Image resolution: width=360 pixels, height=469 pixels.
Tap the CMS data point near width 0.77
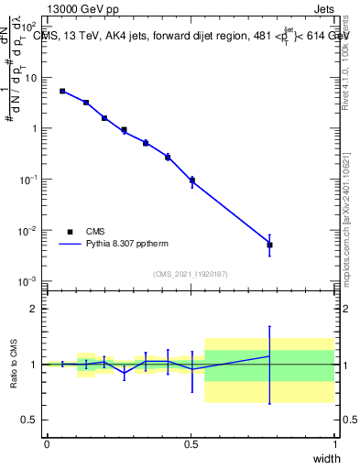(269, 245)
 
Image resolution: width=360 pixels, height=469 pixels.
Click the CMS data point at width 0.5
(191, 180)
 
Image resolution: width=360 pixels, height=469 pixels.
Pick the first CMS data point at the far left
(62, 91)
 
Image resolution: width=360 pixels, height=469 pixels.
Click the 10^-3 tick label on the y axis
(27, 281)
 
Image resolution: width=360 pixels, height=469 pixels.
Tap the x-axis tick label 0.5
(191, 444)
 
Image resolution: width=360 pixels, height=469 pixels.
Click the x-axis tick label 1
(334, 444)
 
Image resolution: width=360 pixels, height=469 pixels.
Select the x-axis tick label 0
(47, 444)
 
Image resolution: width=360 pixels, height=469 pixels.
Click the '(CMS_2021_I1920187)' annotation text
(191, 273)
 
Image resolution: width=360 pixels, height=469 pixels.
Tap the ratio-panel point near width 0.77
(269, 355)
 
